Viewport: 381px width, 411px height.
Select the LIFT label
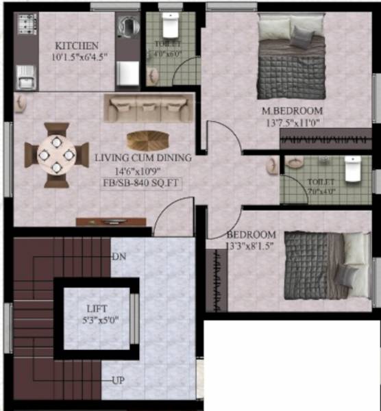click(x=97, y=309)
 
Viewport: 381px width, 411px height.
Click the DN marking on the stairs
click(x=119, y=256)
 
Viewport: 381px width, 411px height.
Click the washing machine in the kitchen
click(x=127, y=29)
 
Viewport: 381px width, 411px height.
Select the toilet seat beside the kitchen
click(x=170, y=27)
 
